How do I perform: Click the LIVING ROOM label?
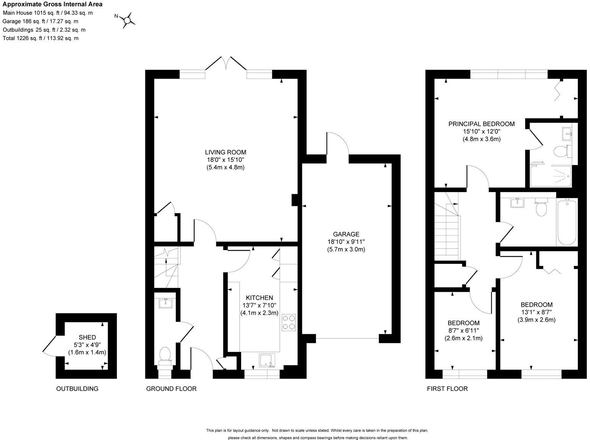[225, 152]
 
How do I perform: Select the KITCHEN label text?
[259, 298]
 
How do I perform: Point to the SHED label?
[87, 337]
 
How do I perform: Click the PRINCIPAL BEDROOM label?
[481, 124]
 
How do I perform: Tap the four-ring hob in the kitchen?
[289, 322]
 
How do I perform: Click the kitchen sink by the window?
[267, 360]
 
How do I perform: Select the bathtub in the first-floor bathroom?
[567, 222]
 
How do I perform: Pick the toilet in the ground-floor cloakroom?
[165, 354]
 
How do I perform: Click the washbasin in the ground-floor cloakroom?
[165, 303]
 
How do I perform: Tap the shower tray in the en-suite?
[551, 176]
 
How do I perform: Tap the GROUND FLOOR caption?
[171, 389]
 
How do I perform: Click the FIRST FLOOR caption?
[447, 389]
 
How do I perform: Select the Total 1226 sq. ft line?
[41, 38]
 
